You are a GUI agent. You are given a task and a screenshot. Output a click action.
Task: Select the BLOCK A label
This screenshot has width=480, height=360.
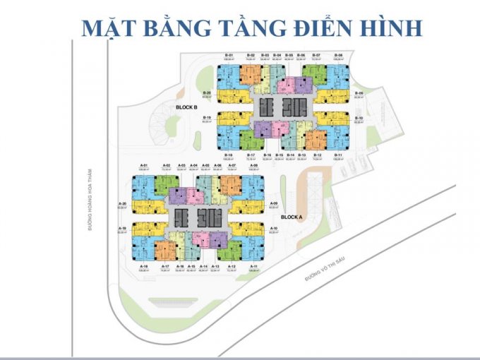tap(291, 217)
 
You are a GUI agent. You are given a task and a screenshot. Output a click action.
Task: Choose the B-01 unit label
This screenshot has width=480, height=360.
tap(229, 55)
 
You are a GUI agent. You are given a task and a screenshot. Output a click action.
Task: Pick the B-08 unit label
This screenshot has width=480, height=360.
tap(339, 55)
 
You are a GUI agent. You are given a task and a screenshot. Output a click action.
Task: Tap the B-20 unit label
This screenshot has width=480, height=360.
tap(207, 93)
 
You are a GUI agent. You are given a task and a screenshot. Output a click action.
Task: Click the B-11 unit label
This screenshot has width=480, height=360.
tap(339, 155)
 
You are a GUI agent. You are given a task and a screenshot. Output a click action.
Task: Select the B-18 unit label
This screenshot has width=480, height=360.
tap(229, 155)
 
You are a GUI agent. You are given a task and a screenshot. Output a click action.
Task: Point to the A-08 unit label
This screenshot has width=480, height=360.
tap(253, 165)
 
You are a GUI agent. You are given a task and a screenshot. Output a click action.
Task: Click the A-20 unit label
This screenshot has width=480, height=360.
tap(122, 203)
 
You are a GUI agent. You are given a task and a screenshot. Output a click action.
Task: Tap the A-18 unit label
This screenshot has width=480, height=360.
tap(145, 265)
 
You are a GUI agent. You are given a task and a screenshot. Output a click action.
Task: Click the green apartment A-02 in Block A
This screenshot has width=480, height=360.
tap(167, 185)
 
